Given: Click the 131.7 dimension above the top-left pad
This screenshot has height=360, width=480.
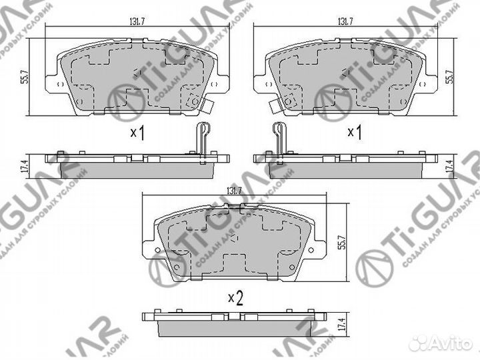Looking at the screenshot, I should (137, 21).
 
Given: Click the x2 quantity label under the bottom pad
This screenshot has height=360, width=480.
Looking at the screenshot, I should (234, 298).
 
